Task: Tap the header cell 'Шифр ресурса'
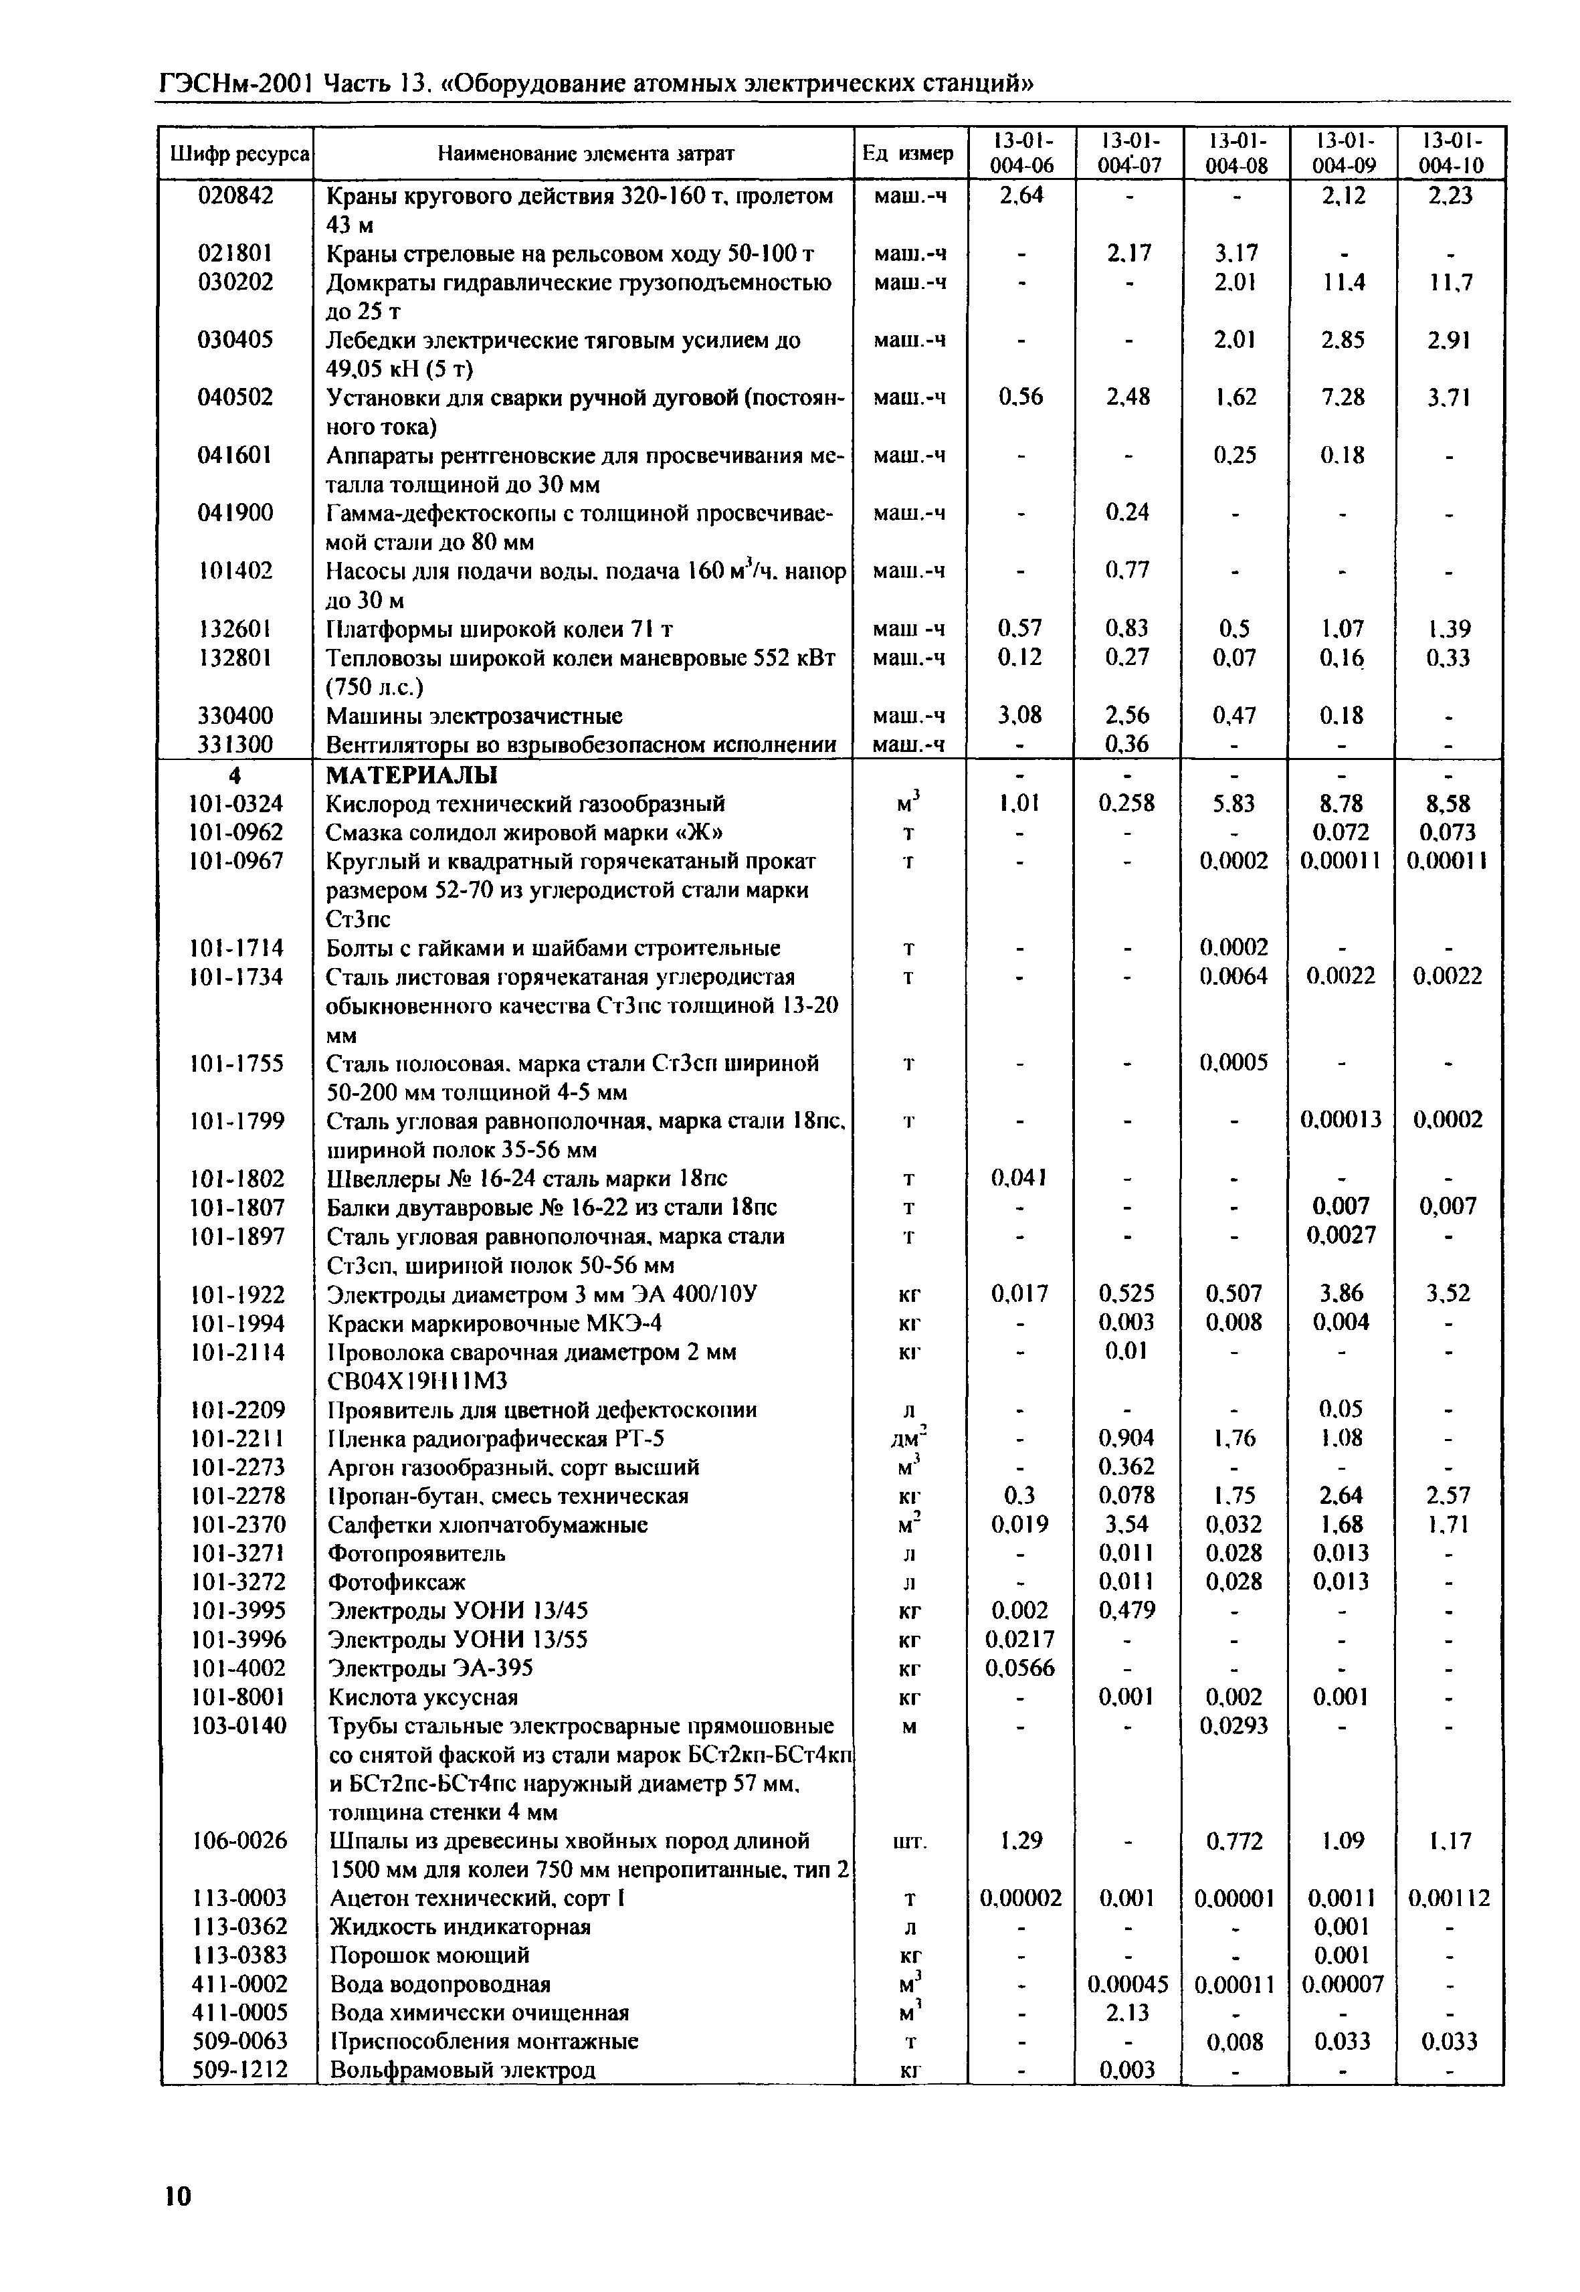coord(237,153)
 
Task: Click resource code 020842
coord(235,196)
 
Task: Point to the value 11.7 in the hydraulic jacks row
coord(1450,283)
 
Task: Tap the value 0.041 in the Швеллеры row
coord(1019,1178)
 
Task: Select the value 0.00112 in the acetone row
coord(1450,1899)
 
